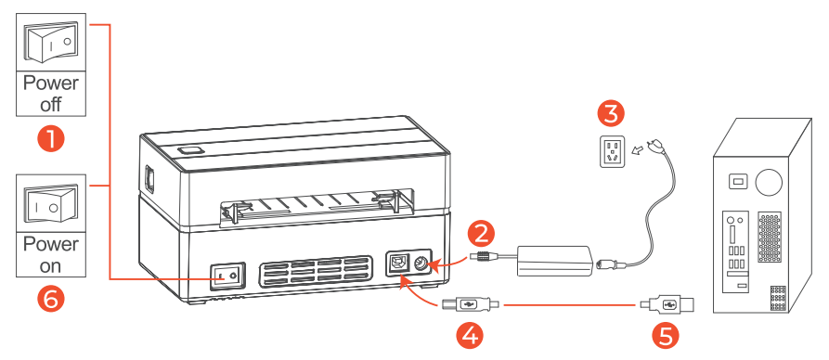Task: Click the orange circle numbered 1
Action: coord(51,139)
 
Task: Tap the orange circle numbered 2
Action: coord(481,234)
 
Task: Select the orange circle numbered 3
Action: coord(611,113)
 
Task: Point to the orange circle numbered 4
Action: coord(470,334)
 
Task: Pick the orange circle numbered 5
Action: coord(665,334)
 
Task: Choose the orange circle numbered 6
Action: coord(51,300)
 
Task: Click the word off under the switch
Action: coord(51,104)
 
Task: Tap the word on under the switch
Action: coord(51,265)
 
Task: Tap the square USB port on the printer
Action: coord(397,263)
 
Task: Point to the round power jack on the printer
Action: coord(421,264)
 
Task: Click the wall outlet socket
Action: coord(612,152)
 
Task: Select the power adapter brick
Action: coord(553,261)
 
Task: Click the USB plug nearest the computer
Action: coord(667,305)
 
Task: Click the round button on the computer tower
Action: coord(769,182)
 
